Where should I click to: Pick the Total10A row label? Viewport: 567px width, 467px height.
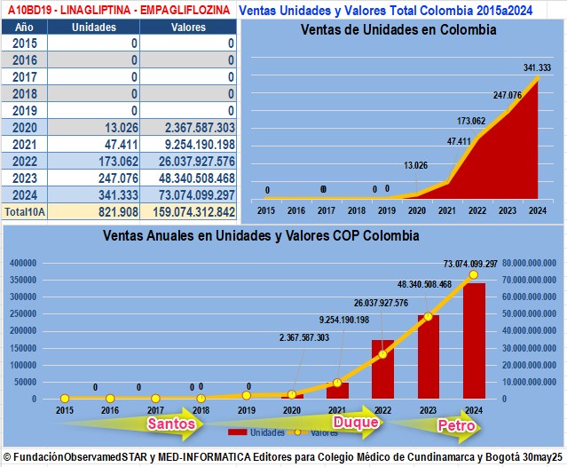24,212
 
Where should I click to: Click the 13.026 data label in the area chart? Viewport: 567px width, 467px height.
416,165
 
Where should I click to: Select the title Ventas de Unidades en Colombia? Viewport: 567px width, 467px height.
398,30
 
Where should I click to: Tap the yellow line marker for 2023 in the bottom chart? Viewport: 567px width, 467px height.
428,317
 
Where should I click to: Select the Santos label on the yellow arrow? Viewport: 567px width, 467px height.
171,423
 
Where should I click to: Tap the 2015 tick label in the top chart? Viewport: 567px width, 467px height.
266,211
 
